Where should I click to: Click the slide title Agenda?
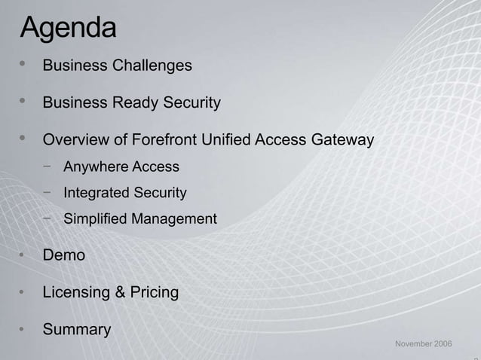(69, 28)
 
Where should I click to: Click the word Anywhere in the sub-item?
(96, 166)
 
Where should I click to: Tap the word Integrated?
(97, 193)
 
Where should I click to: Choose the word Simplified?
(95, 219)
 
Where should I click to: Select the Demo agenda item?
(63, 255)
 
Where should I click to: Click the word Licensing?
(75, 292)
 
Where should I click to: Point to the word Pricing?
(154, 292)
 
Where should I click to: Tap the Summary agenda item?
(77, 329)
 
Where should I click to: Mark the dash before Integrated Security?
(47, 192)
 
